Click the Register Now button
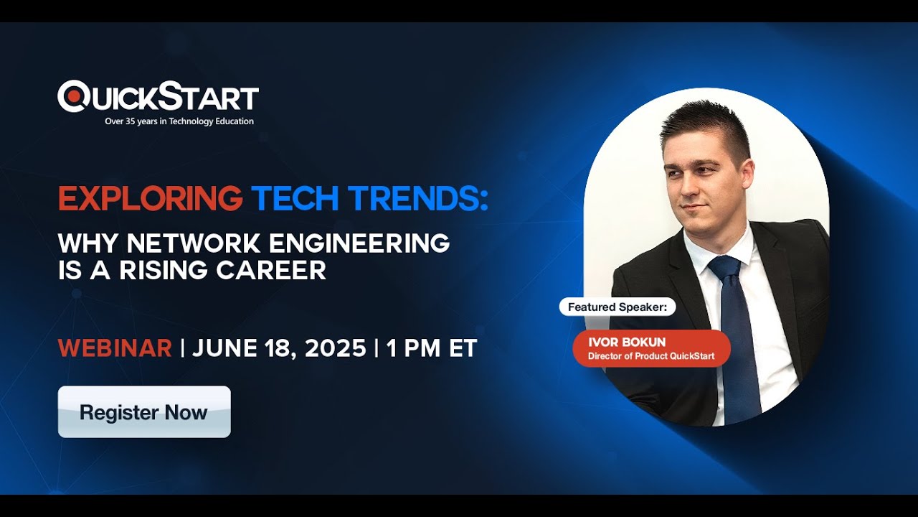coord(144,412)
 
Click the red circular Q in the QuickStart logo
coord(72,96)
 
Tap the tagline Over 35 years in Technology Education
coord(179,121)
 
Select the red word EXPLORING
coord(151,199)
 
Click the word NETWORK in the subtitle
coord(194,243)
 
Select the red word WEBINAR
coord(115,348)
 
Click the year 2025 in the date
coord(335,348)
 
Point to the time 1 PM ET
coord(432,348)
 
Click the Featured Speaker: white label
coord(617,307)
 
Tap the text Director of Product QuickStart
coord(651,356)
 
